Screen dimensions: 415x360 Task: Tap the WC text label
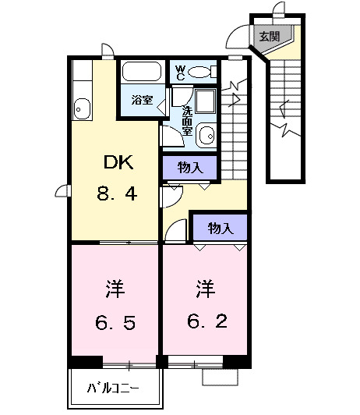(x=179, y=73)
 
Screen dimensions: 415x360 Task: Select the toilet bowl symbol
(x=201, y=73)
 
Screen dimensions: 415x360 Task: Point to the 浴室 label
(x=141, y=101)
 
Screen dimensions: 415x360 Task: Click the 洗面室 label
(x=187, y=120)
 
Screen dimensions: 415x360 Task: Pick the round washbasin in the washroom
(x=206, y=137)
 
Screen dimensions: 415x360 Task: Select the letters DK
(x=118, y=163)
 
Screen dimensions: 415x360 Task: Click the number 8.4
(x=118, y=193)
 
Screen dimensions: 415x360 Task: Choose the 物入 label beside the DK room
(x=189, y=167)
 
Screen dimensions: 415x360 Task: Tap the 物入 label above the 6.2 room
(x=220, y=228)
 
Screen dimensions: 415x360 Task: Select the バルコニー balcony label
(x=114, y=388)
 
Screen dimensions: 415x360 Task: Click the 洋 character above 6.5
(x=114, y=289)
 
